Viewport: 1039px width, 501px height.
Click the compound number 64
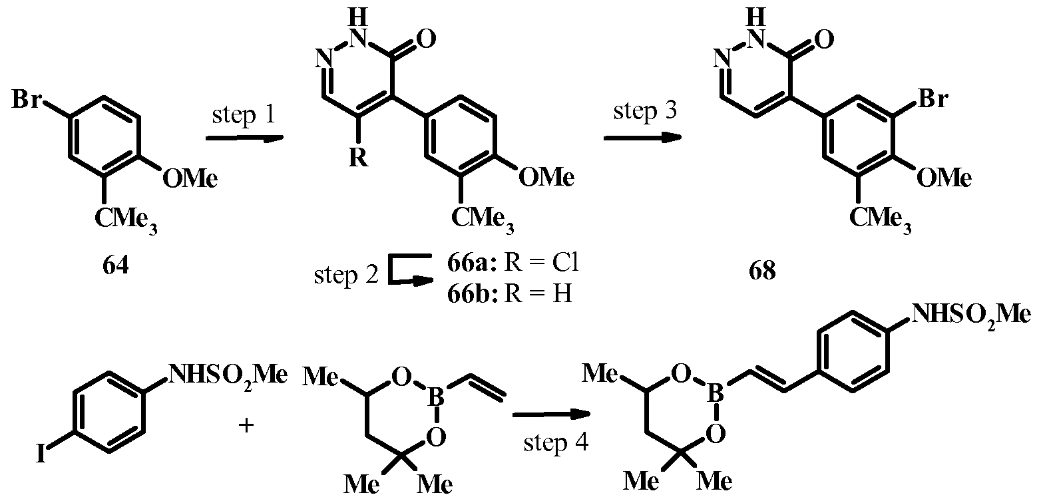(x=116, y=266)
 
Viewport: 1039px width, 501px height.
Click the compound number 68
(x=762, y=271)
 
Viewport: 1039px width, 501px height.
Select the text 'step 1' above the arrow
(x=244, y=114)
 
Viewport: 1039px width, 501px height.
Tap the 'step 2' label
(x=346, y=275)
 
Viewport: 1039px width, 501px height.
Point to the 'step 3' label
(x=645, y=110)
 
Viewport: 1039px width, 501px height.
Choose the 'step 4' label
(x=556, y=442)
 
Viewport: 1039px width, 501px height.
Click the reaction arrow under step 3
(x=642, y=138)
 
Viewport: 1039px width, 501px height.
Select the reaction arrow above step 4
(x=551, y=415)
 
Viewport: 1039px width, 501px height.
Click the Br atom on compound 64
(x=27, y=98)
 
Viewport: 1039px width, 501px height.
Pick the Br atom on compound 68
(x=933, y=98)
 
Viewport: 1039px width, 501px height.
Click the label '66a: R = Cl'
(x=513, y=263)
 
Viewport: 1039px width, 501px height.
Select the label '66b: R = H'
(x=509, y=293)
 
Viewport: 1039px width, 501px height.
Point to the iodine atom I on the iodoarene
(x=41, y=454)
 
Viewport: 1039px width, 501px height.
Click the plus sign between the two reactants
(x=246, y=425)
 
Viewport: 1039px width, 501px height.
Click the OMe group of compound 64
(x=190, y=178)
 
